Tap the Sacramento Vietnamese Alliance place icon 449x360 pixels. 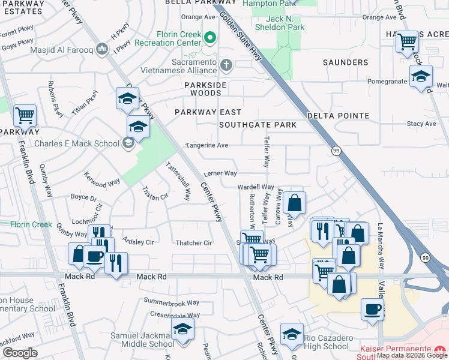point(226,64)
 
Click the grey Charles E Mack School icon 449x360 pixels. point(127,143)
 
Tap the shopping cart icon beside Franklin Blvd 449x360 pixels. point(25,114)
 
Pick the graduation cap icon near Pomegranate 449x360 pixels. point(421,76)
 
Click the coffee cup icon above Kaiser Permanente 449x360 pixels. point(372,310)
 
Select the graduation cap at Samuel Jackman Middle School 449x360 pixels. point(182,329)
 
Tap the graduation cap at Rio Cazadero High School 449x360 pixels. point(292,334)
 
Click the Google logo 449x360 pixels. point(19,353)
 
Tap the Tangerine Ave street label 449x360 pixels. point(206,145)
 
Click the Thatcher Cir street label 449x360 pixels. point(194,243)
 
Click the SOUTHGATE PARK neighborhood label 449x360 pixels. point(258,125)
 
